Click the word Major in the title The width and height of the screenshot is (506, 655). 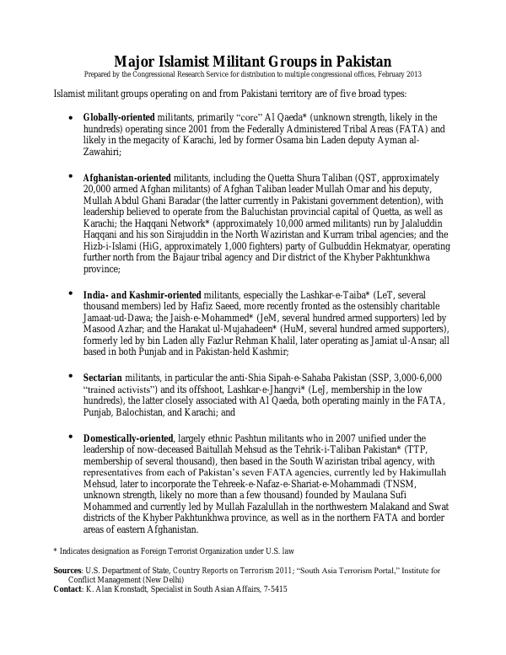[x=137, y=62]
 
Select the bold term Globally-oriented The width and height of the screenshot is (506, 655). [x=118, y=116]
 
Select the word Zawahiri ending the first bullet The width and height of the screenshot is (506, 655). [x=103, y=153]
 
